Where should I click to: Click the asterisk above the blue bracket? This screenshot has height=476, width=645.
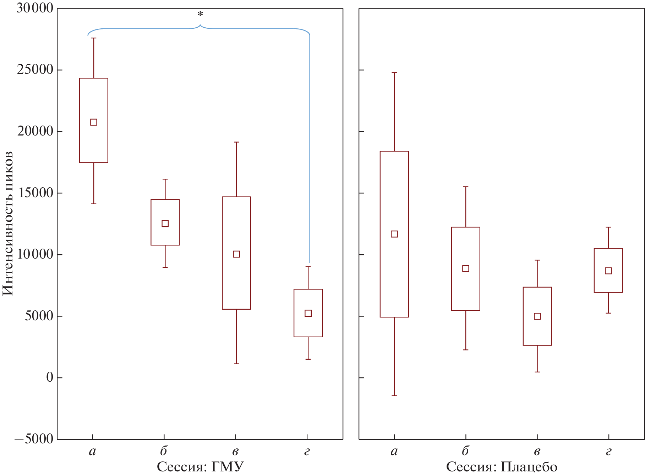tap(200, 15)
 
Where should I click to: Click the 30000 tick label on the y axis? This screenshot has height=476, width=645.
tap(34, 8)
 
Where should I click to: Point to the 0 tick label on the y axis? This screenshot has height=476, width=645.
tap(50, 377)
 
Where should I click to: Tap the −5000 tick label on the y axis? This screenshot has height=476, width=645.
tap(34, 439)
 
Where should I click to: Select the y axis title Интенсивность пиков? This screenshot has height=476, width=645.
tap(8, 223)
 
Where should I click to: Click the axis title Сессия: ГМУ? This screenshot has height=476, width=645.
tap(200, 467)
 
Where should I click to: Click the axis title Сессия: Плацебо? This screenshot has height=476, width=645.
tap(502, 467)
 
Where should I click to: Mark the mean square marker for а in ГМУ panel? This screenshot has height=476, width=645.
tap(94, 122)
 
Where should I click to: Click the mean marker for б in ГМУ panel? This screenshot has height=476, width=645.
tap(165, 223)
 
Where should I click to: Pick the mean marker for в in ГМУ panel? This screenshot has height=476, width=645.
tap(236, 254)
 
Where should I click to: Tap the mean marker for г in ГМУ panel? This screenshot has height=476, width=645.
tap(308, 313)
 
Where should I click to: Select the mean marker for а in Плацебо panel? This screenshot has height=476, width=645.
tap(394, 234)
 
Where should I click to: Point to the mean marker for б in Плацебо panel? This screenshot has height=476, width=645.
tap(466, 269)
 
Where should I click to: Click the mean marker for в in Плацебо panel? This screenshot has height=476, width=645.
tap(537, 316)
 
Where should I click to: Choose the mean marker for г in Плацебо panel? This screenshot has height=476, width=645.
tap(608, 271)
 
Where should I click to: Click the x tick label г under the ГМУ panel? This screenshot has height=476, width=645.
tap(307, 452)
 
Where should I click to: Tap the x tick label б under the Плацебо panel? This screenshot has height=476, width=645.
tap(465, 451)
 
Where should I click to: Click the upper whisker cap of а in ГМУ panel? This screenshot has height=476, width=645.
tap(94, 38)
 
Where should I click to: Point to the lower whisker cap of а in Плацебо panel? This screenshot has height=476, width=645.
tap(394, 395)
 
